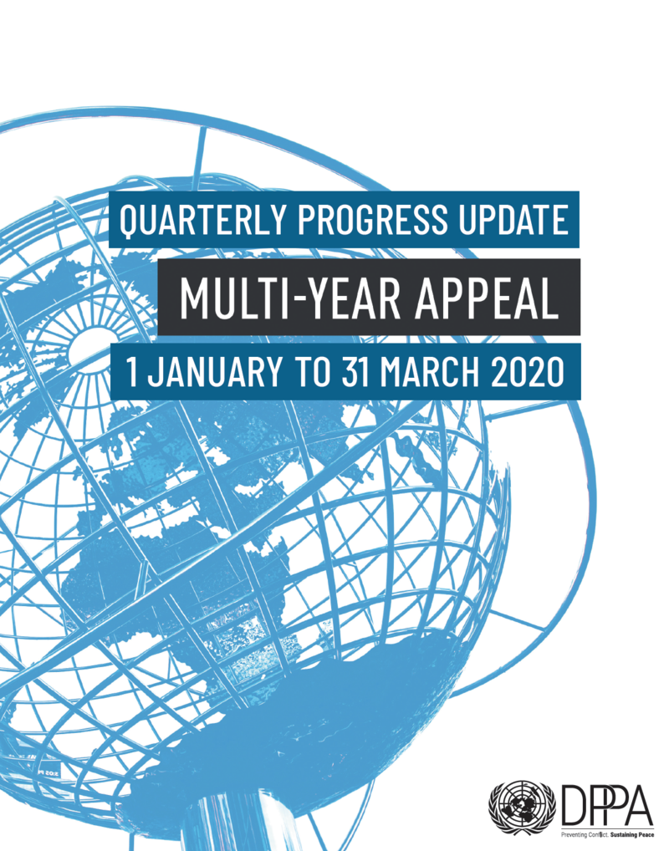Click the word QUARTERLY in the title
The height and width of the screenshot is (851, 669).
tap(202, 220)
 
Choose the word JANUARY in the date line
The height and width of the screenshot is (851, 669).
tap(214, 372)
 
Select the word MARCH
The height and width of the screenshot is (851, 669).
tap(430, 372)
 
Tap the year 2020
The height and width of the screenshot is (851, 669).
tap(528, 372)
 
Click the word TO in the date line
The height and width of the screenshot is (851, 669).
tap(312, 372)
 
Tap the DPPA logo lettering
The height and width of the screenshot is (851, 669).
tap(606, 804)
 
